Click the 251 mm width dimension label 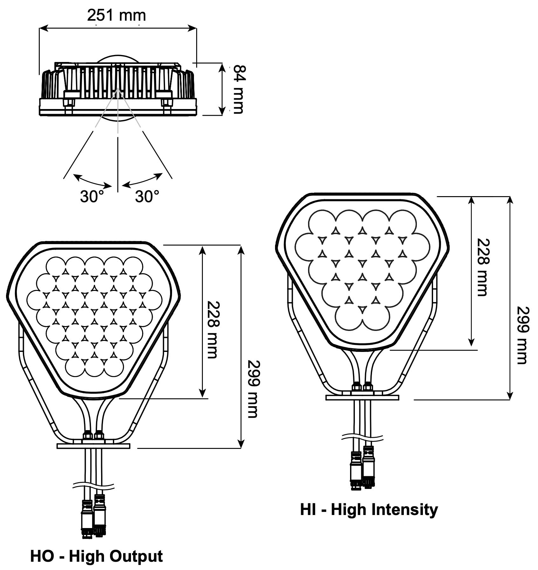click(x=116, y=15)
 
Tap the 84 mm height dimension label click(x=238, y=89)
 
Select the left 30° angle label click(x=92, y=196)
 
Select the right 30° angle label click(x=147, y=196)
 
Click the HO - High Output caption click(x=96, y=556)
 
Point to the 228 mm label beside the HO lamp click(x=212, y=329)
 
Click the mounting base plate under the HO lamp click(x=93, y=446)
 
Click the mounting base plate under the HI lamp click(x=362, y=397)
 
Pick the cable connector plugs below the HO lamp click(x=93, y=518)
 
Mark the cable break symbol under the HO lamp click(x=93, y=485)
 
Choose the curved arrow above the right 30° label click(x=143, y=181)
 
